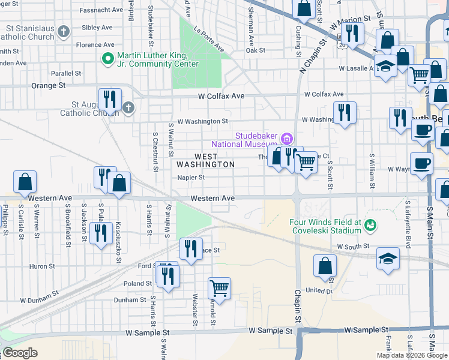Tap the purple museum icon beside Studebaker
(x=287, y=139)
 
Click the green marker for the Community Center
(x=107, y=59)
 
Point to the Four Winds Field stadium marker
(x=370, y=226)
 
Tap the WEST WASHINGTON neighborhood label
(x=205, y=160)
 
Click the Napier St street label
(x=191, y=178)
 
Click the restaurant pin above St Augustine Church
(x=110, y=98)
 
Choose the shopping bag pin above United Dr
(x=325, y=266)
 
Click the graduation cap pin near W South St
(x=388, y=259)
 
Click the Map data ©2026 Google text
(x=412, y=355)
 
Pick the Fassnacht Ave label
(x=97, y=10)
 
